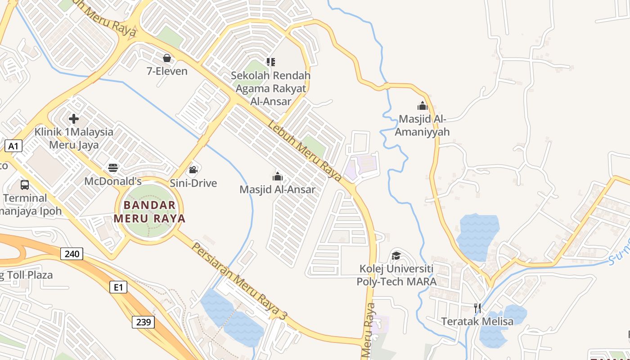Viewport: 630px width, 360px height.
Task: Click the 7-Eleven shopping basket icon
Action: pos(167,58)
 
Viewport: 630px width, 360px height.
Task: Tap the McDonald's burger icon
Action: pos(113,168)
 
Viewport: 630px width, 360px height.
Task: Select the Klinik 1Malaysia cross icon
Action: pos(74,119)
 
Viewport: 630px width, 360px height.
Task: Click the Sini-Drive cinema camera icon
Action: pos(193,170)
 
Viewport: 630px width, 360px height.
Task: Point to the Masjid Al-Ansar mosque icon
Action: pos(278,176)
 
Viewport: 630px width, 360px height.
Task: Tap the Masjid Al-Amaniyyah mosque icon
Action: pos(422,106)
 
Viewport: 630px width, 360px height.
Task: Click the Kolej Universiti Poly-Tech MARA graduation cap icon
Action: pos(396,256)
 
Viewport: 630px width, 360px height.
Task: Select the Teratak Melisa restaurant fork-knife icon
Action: pos(477,308)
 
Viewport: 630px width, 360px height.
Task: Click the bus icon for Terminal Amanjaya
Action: pos(25,184)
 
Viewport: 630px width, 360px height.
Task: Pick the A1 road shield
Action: pos(13,146)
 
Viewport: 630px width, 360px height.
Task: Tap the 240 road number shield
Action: pos(72,254)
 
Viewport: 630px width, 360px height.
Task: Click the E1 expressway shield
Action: pos(118,287)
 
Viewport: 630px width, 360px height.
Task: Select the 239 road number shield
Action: pos(143,322)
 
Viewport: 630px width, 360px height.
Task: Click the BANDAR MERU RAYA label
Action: pos(149,212)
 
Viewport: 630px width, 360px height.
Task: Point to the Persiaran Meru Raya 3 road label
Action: pos(239,281)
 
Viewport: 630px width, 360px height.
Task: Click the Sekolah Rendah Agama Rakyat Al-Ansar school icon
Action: pos(270,62)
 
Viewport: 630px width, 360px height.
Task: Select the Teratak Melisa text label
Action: pos(477,322)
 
